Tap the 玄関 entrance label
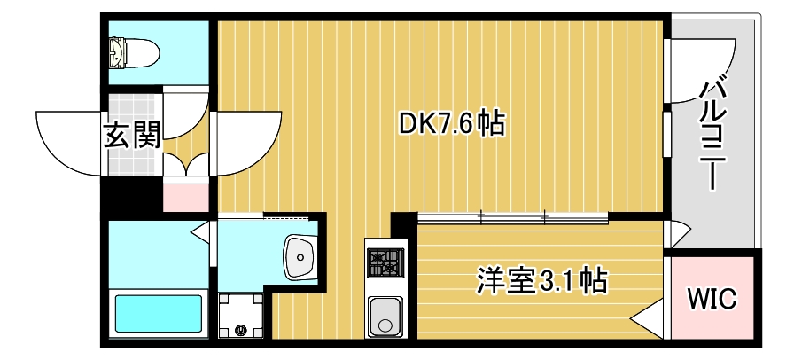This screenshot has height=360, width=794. tap(133, 137)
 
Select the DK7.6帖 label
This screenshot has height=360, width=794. tap(451, 124)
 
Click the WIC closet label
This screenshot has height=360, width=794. tap(712, 299)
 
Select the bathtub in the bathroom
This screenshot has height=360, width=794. tap(159, 313)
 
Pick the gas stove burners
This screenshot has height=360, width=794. tap(385, 263)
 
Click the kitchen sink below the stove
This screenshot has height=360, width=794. tap(385, 315)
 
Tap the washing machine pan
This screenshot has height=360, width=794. tap(242, 317)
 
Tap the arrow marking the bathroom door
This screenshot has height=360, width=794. tap(201, 233)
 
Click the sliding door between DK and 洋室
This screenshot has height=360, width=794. tap(512, 215)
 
